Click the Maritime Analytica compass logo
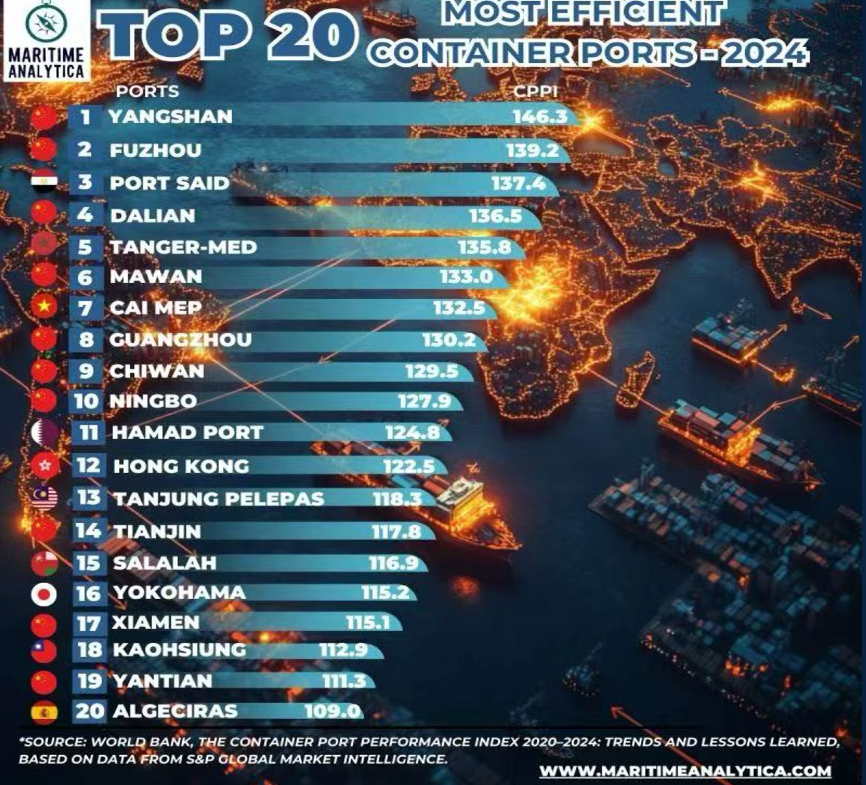[x=46, y=22]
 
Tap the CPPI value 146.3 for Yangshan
[x=540, y=116]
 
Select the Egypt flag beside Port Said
[x=44, y=182]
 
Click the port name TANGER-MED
[x=183, y=247]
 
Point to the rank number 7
[x=85, y=308]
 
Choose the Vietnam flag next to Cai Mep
[x=44, y=306]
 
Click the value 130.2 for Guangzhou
[x=449, y=340]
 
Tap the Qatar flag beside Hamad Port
[x=44, y=431]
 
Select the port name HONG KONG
[x=181, y=466]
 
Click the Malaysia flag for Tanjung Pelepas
[x=44, y=497]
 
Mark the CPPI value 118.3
[x=397, y=498]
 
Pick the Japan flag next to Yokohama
[x=44, y=594]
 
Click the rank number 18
[x=90, y=649]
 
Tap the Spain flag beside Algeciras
[x=44, y=712]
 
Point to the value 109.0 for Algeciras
[x=333, y=711]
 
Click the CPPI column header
[x=536, y=91]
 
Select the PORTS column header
[x=148, y=91]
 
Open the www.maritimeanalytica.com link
[x=685, y=771]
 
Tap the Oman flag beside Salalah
[x=44, y=563]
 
